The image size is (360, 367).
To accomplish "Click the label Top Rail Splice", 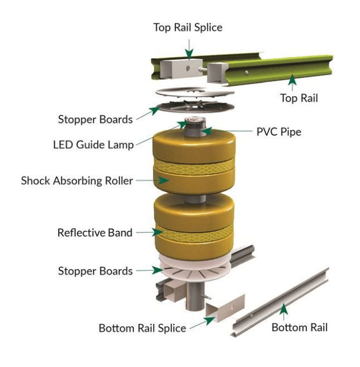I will point(187,27).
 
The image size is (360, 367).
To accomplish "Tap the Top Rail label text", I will point(298,98).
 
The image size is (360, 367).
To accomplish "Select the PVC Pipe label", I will point(279,132).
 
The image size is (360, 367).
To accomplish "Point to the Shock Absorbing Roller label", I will point(77,181).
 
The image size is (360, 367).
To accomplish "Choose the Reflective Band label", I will point(95,233).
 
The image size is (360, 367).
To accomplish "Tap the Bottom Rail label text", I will point(299,327).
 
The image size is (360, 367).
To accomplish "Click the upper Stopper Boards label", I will point(95,119).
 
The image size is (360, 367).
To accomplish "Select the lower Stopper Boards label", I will point(95,271).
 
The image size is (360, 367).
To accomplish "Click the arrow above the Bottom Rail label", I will point(283,310).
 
